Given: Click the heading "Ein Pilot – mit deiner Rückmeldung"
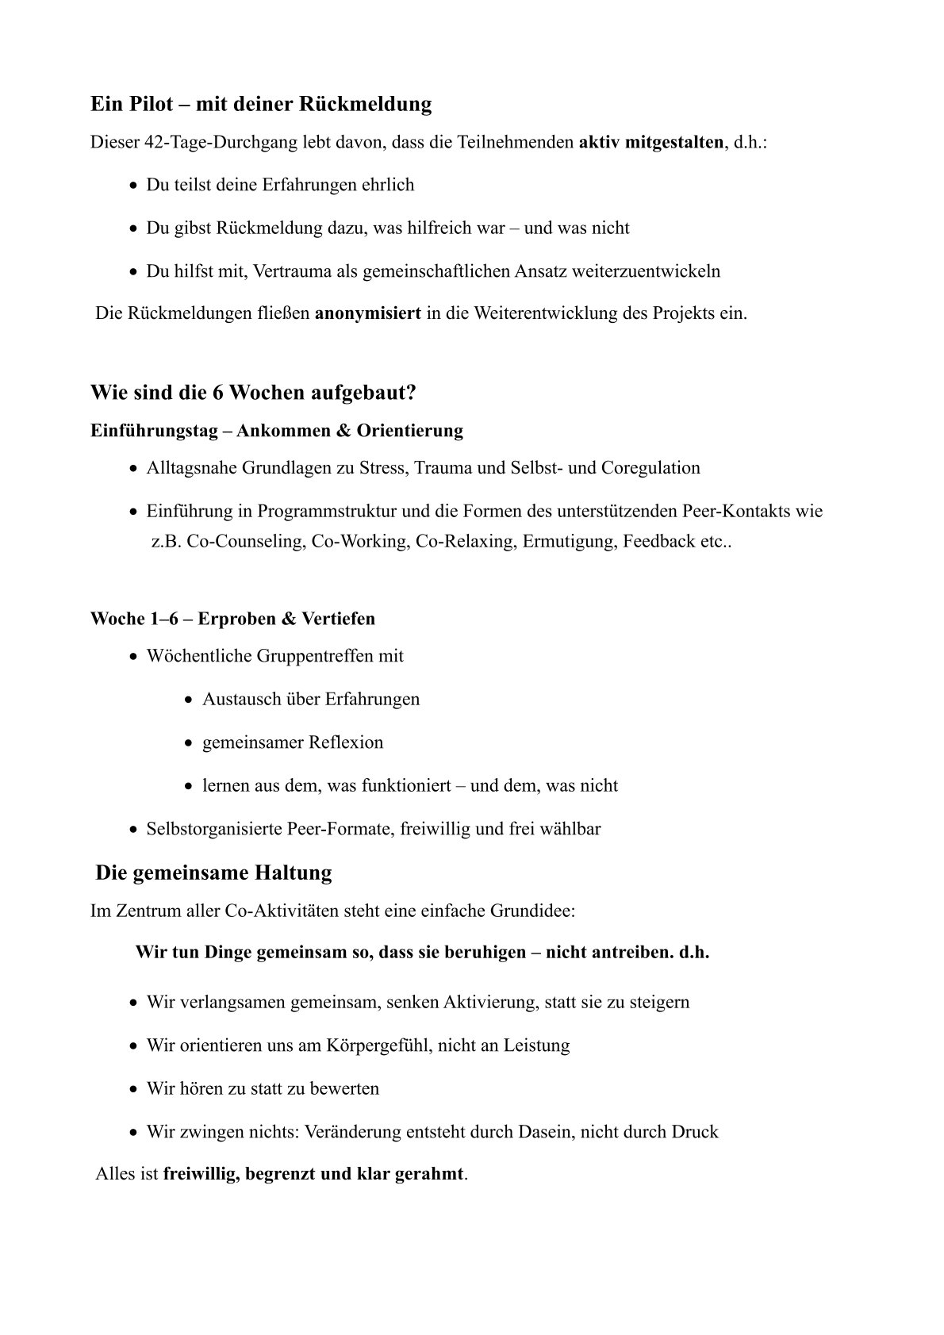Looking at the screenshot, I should pyautogui.click(x=261, y=104).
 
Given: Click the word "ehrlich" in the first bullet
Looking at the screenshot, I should pyautogui.click(x=386, y=185).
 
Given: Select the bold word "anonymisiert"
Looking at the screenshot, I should pyautogui.click(x=368, y=313).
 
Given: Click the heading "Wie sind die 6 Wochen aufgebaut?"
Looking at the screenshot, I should pyautogui.click(x=253, y=393).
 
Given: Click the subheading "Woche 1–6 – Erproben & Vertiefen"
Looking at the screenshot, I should pyautogui.click(x=232, y=618).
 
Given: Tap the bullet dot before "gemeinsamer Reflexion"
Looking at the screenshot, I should pyautogui.click(x=188, y=744).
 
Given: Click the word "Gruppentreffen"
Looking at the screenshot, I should pyautogui.click(x=314, y=656).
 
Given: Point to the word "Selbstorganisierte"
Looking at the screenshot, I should pyautogui.click(x=213, y=829).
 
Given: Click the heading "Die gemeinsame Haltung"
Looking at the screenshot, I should pyautogui.click(x=213, y=873).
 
